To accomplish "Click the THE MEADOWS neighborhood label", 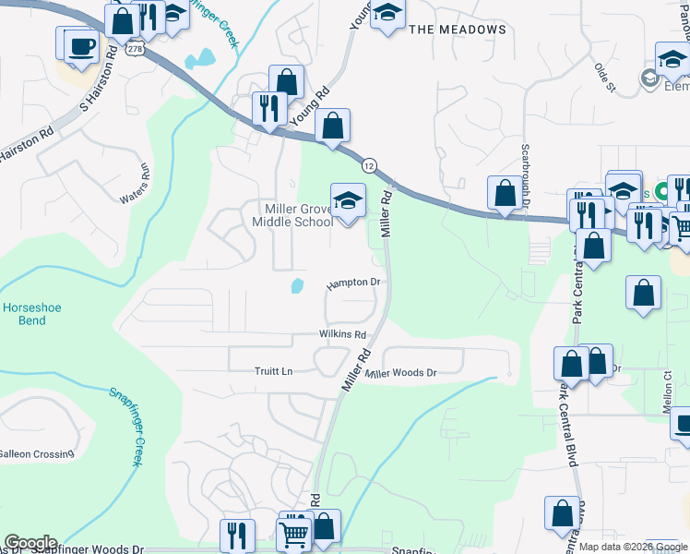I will [458, 30].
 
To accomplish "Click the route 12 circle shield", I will [369, 165].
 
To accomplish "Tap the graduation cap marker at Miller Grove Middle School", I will [348, 200].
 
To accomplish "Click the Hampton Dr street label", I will [353, 283].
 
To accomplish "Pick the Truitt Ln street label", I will [273, 371].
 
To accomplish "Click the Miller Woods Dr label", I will [399, 373].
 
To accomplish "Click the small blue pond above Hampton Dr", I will [297, 285].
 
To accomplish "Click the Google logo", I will [30, 543].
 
